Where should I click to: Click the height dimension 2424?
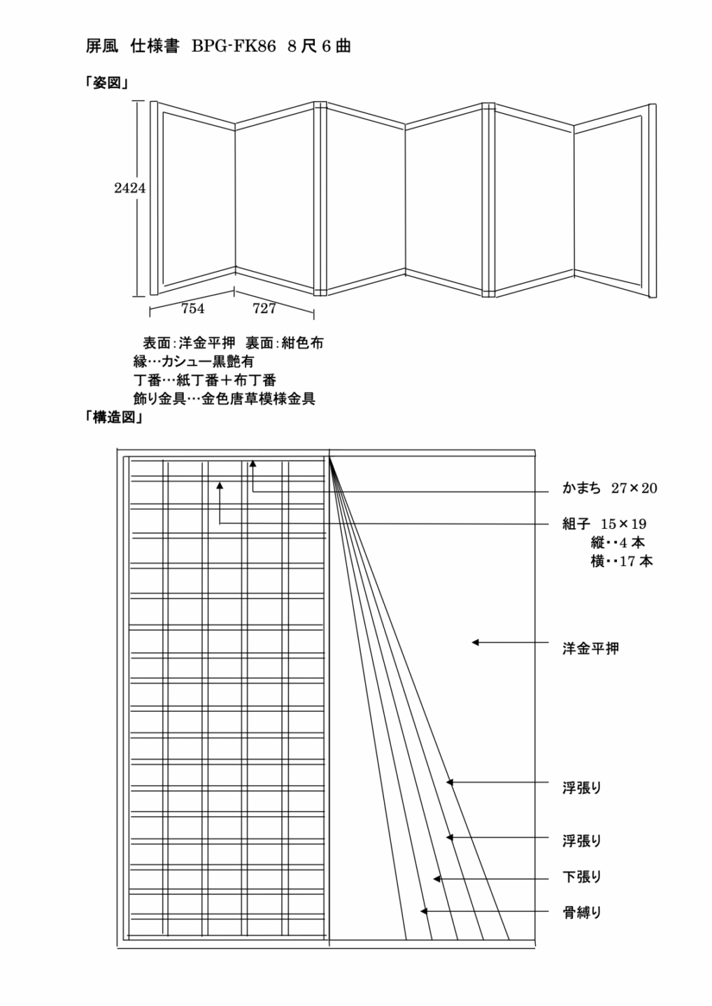130,188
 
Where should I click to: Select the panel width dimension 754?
192,309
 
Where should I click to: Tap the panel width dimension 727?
264,309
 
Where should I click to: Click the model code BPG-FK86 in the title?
234,46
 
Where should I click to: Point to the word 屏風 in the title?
102,46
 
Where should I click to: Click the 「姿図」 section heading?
106,83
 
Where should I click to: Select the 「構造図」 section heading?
113,418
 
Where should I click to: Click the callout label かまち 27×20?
609,488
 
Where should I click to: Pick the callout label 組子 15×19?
604,524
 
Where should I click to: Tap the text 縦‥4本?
618,543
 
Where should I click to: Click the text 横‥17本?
622,561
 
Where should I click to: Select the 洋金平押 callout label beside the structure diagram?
590,648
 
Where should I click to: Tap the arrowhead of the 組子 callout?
220,486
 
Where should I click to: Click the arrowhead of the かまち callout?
253,463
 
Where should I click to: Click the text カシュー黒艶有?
208,362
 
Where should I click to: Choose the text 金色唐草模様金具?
258,399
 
